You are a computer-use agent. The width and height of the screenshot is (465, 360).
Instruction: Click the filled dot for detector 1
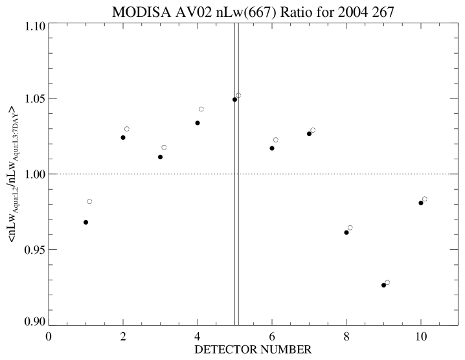pos(85,222)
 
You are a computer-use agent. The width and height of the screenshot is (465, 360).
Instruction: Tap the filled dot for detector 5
pos(234,100)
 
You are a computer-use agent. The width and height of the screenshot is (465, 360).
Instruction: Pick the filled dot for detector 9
pos(383,285)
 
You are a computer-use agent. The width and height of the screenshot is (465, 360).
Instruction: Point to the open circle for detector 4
pos(201,109)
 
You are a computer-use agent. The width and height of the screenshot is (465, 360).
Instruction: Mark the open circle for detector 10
pos(425,199)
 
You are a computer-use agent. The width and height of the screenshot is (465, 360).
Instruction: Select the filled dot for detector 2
pos(123,137)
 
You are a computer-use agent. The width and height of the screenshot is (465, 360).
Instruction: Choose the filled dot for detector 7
pos(309,133)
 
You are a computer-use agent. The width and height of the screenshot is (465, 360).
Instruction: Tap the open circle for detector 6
pos(276,140)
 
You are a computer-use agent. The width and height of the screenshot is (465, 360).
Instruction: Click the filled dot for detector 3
pos(160,157)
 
